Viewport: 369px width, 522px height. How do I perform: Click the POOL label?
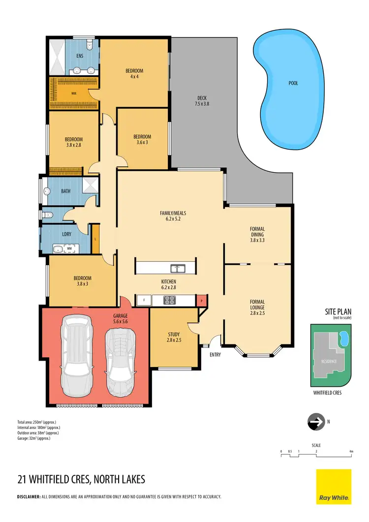click(x=293, y=83)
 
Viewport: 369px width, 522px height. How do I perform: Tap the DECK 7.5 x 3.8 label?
click(x=202, y=100)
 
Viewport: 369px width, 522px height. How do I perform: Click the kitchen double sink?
click(x=177, y=268)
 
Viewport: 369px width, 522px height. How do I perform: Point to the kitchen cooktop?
click(x=170, y=299)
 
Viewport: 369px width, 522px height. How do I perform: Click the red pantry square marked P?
click(x=200, y=300)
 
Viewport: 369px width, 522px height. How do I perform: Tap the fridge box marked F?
click(x=144, y=299)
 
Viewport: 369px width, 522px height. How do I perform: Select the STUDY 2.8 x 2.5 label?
click(x=174, y=337)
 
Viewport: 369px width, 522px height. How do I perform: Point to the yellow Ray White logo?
click(x=333, y=486)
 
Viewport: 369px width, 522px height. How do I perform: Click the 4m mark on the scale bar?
click(x=351, y=451)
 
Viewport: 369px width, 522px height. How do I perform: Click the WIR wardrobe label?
click(x=74, y=92)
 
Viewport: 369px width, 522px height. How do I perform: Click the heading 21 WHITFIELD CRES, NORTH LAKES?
click(x=81, y=479)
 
